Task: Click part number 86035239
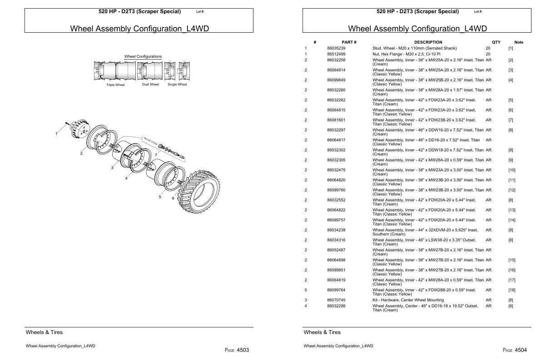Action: pyautogui.click(x=336, y=48)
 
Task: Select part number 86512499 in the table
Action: pyautogui.click(x=336, y=54)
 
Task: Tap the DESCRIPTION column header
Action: pyautogui.click(x=428, y=42)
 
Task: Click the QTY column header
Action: pyautogui.click(x=496, y=42)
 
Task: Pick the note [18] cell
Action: pyautogui.click(x=511, y=290)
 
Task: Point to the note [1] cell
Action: pyautogui.click(x=511, y=48)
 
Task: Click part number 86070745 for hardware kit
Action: pyautogui.click(x=336, y=300)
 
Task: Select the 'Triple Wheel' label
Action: pyautogui.click(x=115, y=85)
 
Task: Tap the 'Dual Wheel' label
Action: pyautogui.click(x=150, y=85)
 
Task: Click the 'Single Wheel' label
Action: pyautogui.click(x=177, y=85)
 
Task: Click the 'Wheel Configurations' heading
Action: pyautogui.click(x=143, y=56)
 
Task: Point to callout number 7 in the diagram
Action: pyautogui.click(x=156, y=155)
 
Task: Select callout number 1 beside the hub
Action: pyautogui.click(x=56, y=134)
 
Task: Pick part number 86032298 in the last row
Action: pyautogui.click(x=336, y=306)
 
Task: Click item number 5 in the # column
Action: pyautogui.click(x=306, y=290)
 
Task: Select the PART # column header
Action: pyautogui.click(x=349, y=42)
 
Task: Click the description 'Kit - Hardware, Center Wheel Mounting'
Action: pyautogui.click(x=408, y=300)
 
